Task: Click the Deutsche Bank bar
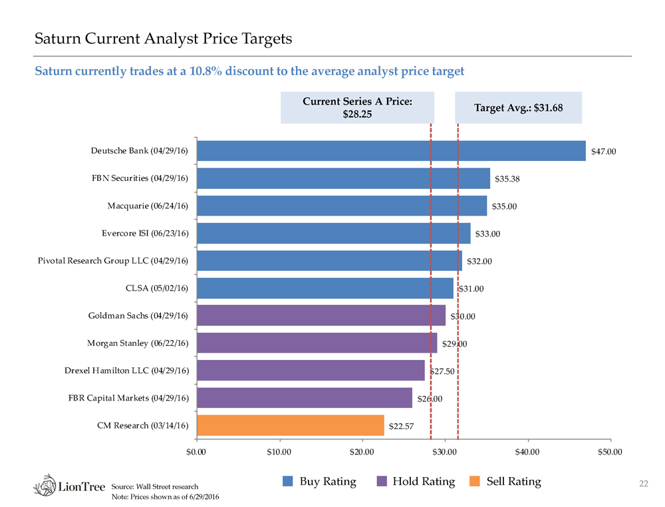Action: click(391, 151)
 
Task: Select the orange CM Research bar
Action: click(291, 425)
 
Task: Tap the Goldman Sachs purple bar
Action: click(321, 315)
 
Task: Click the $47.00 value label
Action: click(604, 152)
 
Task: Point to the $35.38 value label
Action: click(507, 179)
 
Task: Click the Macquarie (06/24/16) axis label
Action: click(148, 206)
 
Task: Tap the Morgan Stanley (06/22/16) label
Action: click(138, 343)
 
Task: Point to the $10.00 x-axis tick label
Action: click(279, 452)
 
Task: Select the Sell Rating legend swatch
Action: click(475, 481)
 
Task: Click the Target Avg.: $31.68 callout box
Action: click(518, 108)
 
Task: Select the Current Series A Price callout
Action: click(357, 108)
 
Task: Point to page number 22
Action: click(642, 483)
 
